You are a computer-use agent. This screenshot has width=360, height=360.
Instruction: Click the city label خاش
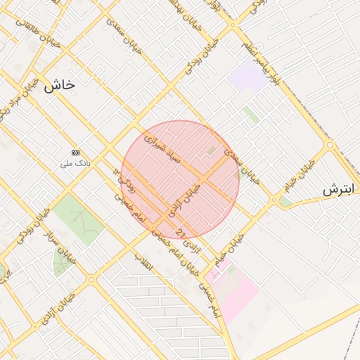[x=59, y=85]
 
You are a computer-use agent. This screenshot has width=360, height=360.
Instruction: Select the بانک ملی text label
[x=75, y=164]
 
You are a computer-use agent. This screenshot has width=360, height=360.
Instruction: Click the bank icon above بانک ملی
[x=75, y=153]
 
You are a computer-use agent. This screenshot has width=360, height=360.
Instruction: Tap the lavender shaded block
[x=247, y=75]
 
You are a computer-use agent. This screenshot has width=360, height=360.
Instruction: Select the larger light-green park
[x=78, y=219]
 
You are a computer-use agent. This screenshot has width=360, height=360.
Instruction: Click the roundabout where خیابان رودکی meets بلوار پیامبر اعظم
[x=233, y=26]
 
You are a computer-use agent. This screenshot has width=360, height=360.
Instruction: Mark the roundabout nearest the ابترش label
[x=329, y=146]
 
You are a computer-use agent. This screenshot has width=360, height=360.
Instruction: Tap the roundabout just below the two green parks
[x=91, y=280]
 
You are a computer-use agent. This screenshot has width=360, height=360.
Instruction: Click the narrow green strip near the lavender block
[x=250, y=114]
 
